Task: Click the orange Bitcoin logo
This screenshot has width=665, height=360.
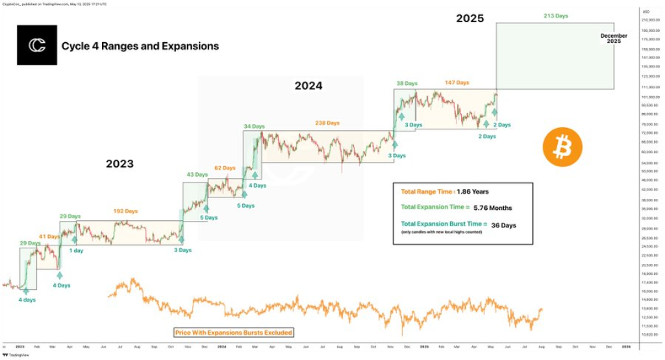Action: pyautogui.click(x=562, y=147)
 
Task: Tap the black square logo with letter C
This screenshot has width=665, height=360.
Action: pyautogui.click(x=36, y=45)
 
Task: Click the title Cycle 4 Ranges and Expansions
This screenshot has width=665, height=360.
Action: pyautogui.click(x=140, y=46)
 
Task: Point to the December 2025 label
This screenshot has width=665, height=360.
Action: pyautogui.click(x=614, y=38)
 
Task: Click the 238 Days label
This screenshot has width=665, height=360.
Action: pyautogui.click(x=327, y=123)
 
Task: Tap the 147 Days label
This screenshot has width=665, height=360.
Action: pyautogui.click(x=457, y=83)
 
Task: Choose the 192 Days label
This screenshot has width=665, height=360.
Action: pyautogui.click(x=126, y=211)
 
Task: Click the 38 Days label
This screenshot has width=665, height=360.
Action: pyautogui.click(x=407, y=83)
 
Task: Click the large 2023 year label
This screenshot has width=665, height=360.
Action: pyautogui.click(x=119, y=164)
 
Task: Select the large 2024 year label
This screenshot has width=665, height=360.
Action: pyautogui.click(x=308, y=86)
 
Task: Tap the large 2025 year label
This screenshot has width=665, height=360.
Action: pyautogui.click(x=470, y=19)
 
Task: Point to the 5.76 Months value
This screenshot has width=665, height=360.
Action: pyautogui.click(x=492, y=208)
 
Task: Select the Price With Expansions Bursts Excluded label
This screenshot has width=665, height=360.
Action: pyautogui.click(x=233, y=332)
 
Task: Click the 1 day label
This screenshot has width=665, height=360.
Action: pyautogui.click(x=75, y=250)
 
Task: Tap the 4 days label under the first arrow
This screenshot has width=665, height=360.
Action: pyautogui.click(x=27, y=300)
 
